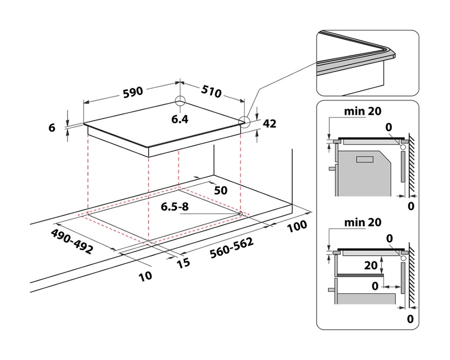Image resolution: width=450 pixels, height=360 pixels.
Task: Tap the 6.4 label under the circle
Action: click(179, 119)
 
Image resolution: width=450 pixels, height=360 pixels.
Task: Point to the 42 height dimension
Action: click(269, 124)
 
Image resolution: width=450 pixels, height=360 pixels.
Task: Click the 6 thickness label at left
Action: click(52, 127)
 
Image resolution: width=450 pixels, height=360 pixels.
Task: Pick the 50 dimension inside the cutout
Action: click(221, 190)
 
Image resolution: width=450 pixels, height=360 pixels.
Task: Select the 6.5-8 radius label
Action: click(176, 207)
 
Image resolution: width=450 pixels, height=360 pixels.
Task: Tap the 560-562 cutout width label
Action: click(231, 248)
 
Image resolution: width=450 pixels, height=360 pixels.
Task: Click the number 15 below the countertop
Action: click(183, 263)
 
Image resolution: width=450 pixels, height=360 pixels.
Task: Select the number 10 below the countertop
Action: click(145, 275)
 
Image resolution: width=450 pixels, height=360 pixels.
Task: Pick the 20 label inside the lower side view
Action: click(371, 265)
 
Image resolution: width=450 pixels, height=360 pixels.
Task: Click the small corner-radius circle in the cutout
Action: click(240, 213)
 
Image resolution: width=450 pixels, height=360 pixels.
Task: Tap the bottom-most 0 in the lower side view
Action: click(411, 318)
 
